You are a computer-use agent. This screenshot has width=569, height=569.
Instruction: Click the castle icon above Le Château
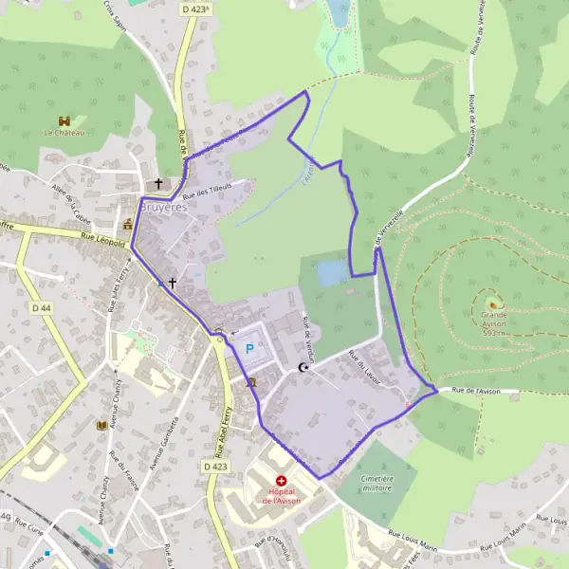pyautogui.click(x=64, y=120)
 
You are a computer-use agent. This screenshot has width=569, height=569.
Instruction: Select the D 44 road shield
pyautogui.click(x=41, y=307)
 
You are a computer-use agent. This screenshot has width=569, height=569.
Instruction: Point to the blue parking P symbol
pyautogui.click(x=249, y=349)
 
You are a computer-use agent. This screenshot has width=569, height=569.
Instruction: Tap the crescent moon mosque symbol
pyautogui.click(x=303, y=367)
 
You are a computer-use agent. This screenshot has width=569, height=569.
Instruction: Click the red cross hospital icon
pyautogui.click(x=281, y=482)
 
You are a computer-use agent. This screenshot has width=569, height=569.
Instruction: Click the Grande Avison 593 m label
pyautogui.click(x=494, y=321)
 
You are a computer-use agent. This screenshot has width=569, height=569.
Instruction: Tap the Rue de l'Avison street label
pyautogui.click(x=475, y=391)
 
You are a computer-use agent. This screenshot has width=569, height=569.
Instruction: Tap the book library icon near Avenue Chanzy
pyautogui.click(x=101, y=426)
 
